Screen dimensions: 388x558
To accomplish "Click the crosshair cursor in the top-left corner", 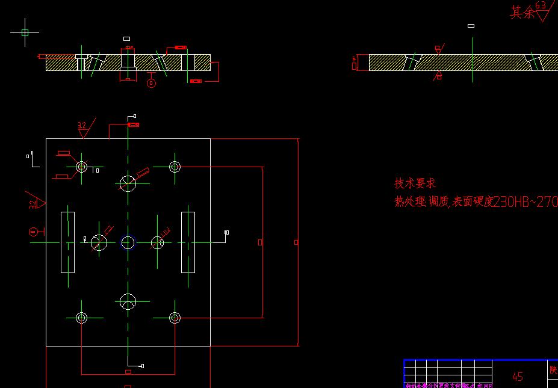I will tap(25, 33).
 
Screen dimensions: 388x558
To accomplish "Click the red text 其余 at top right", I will tap(522, 12).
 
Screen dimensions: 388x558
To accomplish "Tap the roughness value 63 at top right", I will tap(541, 5).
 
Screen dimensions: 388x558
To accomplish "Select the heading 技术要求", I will tap(415, 183).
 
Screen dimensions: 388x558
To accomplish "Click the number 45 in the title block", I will tap(517, 377).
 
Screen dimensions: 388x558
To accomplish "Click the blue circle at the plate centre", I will tap(128, 242).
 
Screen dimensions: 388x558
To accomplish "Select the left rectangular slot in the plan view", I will tap(67, 242).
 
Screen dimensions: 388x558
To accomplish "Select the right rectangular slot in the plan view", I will tap(188, 242).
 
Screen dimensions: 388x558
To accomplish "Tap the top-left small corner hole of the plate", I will tap(82, 167).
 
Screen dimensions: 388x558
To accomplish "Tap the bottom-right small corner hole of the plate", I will tap(175, 318).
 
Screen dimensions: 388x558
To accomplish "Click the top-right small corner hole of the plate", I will tap(175, 167).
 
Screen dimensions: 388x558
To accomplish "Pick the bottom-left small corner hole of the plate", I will tap(82, 318).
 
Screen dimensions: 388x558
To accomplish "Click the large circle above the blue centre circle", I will tap(128, 182).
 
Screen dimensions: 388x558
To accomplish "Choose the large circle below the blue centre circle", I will tap(128, 301).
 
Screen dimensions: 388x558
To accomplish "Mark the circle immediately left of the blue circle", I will tap(99, 242).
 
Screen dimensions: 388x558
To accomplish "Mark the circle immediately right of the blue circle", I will tap(157, 242).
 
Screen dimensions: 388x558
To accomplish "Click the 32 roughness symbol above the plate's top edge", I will tap(82, 128).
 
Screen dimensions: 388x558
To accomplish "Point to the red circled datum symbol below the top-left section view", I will tap(151, 83).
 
